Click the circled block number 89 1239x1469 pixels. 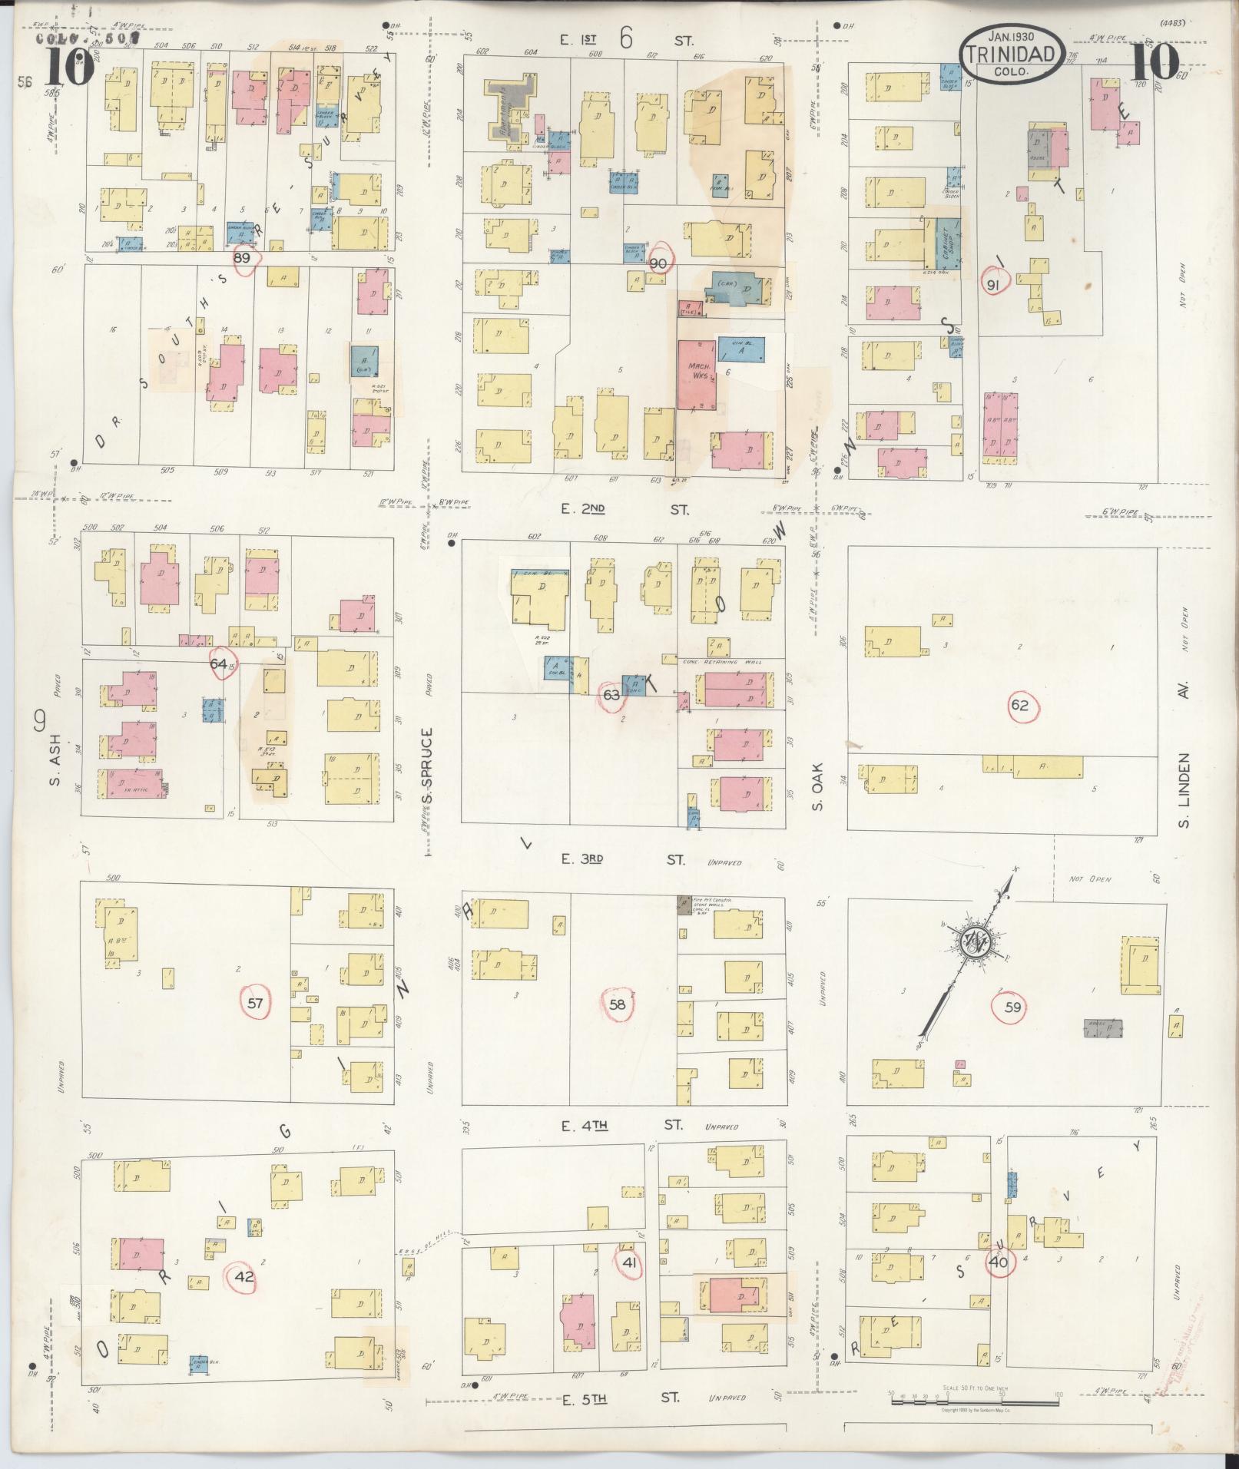coord(243,259)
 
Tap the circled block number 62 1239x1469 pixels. coord(1019,706)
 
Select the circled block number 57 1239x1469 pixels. coord(256,1003)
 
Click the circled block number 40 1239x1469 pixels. coord(999,1262)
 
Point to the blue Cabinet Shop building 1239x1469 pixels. coord(946,245)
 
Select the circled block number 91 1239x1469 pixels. coord(993,285)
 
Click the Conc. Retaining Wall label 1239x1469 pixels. coord(719,661)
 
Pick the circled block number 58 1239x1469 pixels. coord(618,1004)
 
